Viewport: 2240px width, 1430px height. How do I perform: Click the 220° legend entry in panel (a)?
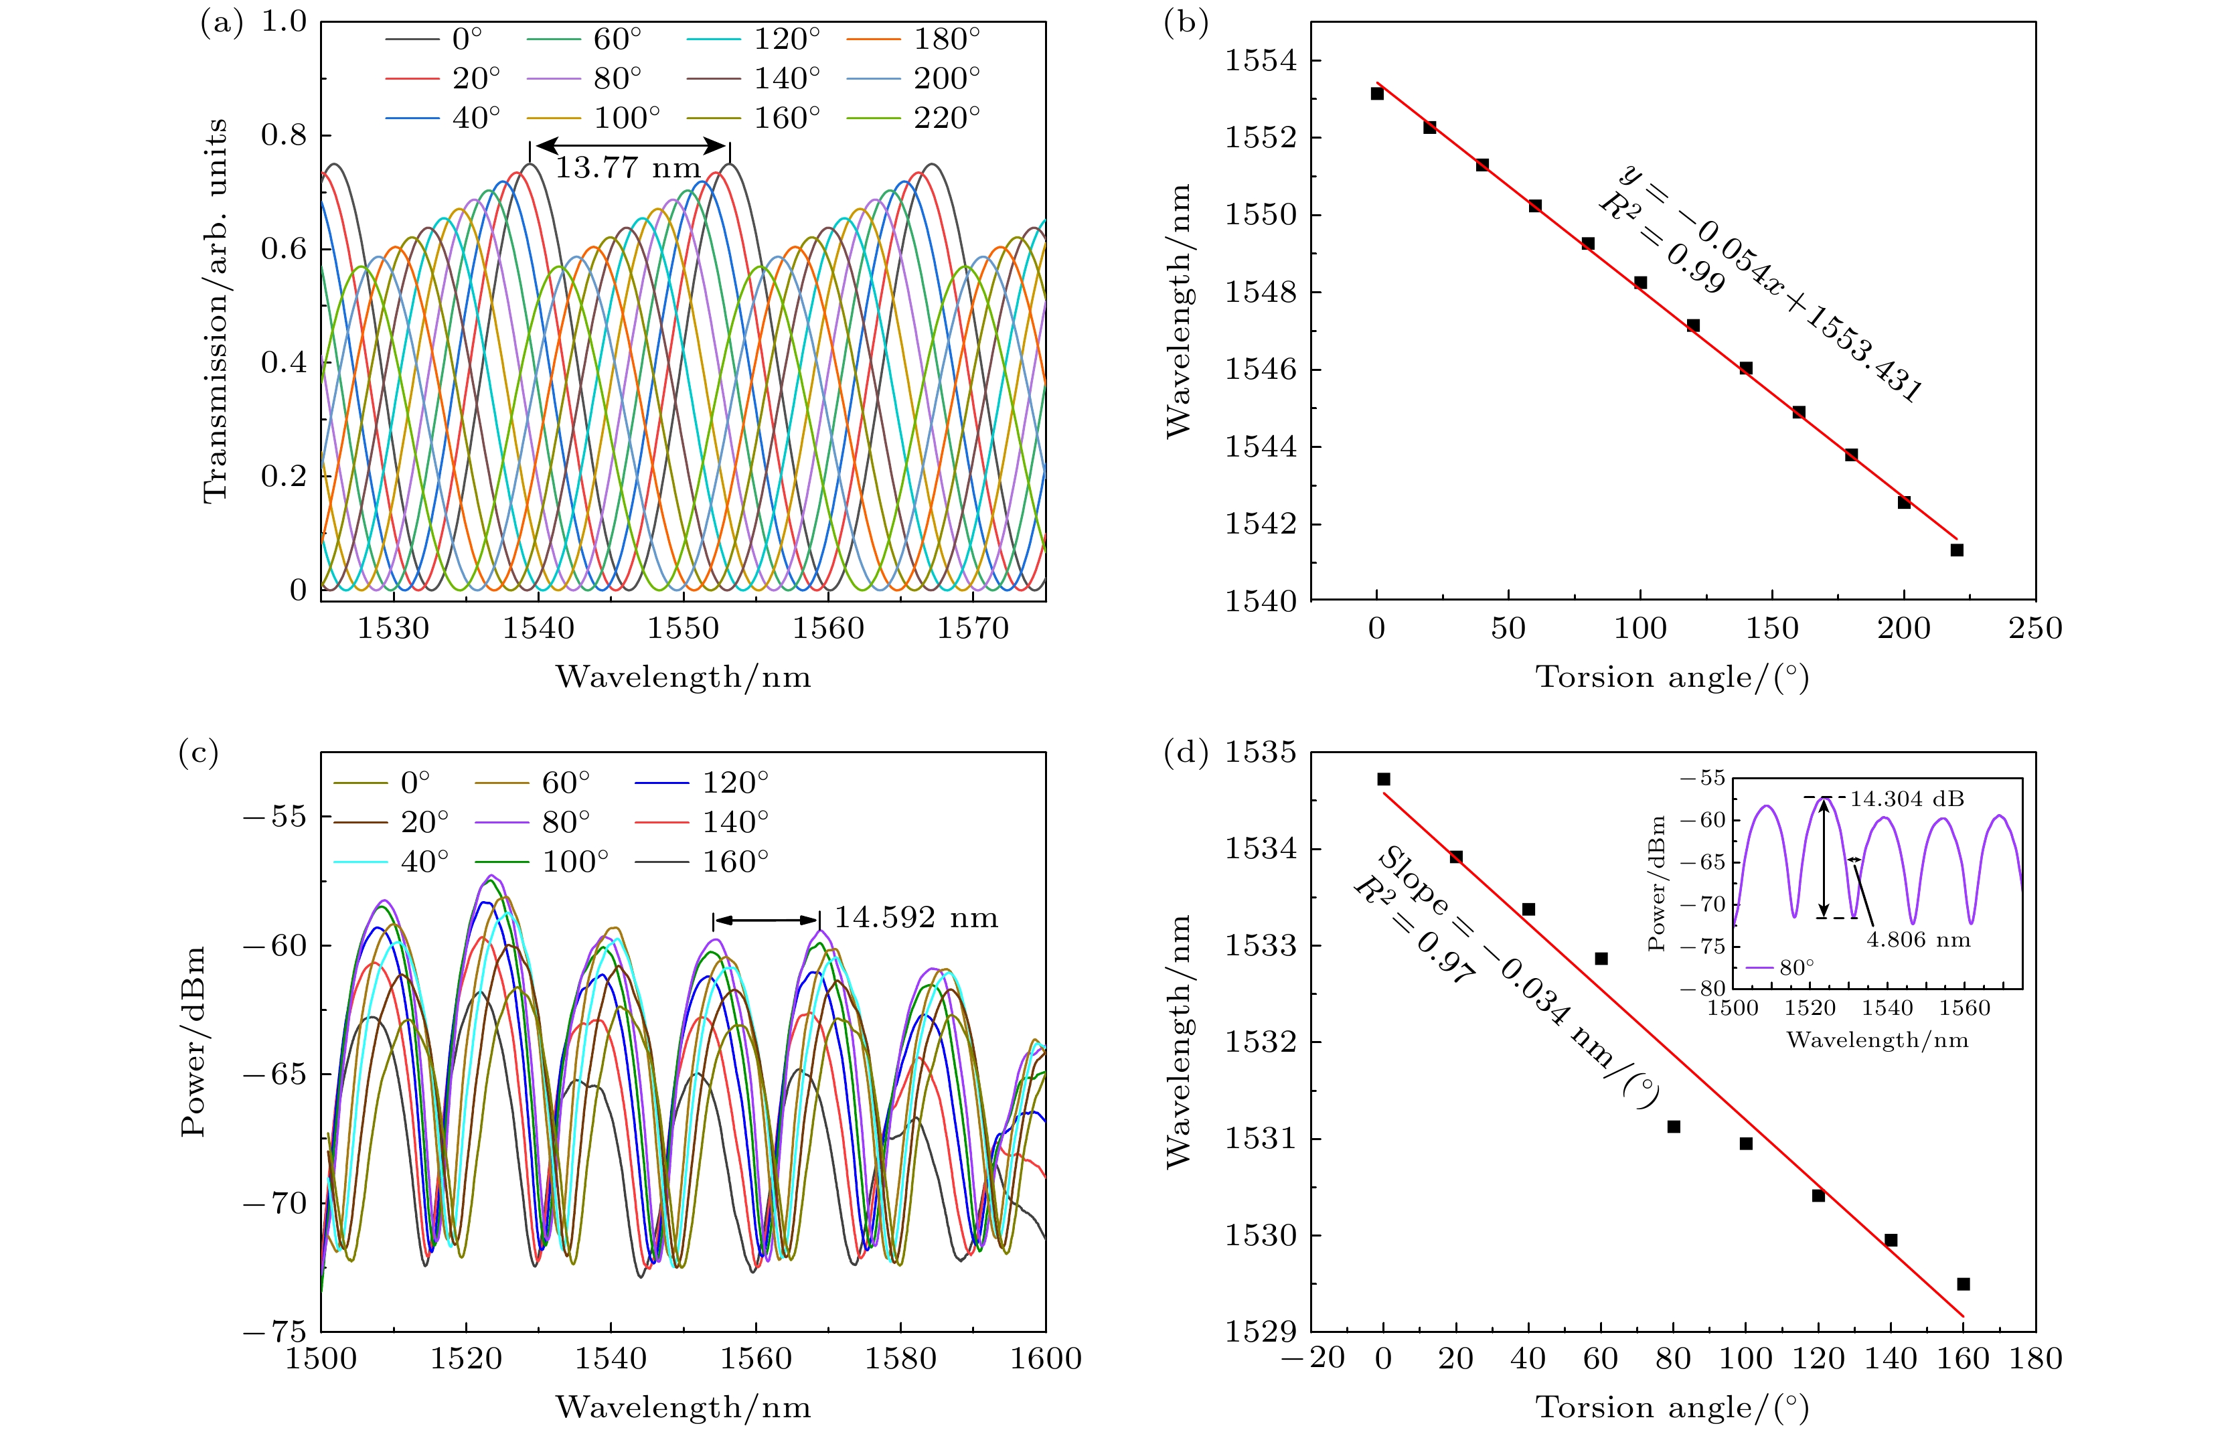point(946,118)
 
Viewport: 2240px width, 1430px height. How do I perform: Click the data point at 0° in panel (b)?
point(1377,94)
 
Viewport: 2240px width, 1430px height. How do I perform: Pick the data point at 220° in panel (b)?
point(1956,550)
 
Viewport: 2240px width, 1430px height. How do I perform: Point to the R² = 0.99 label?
point(1660,244)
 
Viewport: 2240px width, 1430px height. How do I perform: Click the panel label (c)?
point(197,752)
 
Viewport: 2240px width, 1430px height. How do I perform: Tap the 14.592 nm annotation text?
point(915,919)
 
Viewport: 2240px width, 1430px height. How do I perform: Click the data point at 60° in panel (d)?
point(1601,958)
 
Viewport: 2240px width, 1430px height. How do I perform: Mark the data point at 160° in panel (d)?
point(1963,1284)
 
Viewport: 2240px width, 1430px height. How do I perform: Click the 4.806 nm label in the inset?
point(1918,940)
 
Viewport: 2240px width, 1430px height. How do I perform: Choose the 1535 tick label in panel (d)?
point(1261,752)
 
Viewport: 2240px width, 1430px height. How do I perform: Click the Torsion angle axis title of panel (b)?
point(1672,678)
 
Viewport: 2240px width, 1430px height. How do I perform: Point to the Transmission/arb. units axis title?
point(215,312)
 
